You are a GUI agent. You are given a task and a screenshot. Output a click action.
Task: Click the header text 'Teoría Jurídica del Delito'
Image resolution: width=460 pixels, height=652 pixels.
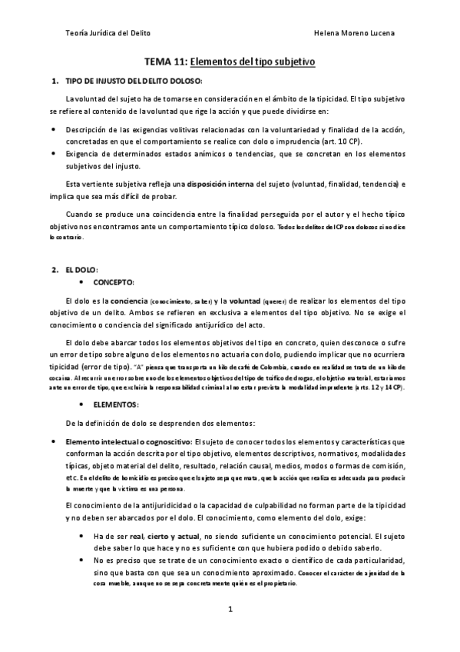(x=110, y=34)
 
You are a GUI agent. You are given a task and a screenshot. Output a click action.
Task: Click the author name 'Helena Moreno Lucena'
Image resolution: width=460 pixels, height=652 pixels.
(x=356, y=34)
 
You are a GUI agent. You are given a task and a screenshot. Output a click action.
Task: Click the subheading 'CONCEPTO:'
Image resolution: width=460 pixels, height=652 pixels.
(x=114, y=282)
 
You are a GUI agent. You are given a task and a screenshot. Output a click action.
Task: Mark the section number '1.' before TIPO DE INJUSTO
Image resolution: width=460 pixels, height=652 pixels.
(x=55, y=81)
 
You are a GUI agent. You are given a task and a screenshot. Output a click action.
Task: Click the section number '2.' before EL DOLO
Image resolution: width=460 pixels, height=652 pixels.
(x=55, y=270)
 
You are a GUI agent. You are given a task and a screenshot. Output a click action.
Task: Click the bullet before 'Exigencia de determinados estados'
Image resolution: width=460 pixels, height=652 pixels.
(x=52, y=154)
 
